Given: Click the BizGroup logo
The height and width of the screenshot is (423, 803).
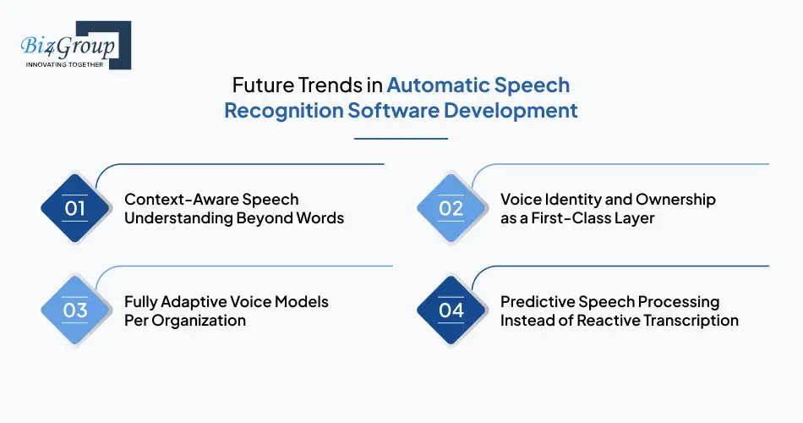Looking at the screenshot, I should pos(73,44).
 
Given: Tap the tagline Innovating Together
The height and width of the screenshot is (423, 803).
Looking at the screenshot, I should pos(64,64).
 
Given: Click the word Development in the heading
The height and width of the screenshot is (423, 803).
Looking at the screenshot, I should pos(521,111).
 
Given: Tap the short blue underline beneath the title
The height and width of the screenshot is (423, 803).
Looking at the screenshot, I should pos(401,138).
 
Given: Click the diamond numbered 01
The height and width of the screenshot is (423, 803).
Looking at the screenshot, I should pos(75,208).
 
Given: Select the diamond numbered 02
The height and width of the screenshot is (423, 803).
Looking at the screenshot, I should pos(451,208).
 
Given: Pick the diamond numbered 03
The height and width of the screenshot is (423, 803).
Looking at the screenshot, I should pos(75,310).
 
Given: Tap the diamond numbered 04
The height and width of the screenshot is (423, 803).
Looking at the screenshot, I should pos(451,310).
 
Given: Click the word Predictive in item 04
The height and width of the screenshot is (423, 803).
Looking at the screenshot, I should pos(537,302).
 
